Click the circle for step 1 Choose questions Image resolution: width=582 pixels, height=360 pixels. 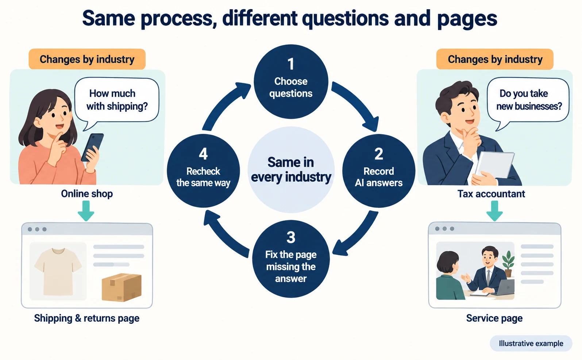(x=291, y=82)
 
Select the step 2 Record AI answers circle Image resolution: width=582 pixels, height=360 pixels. (x=378, y=171)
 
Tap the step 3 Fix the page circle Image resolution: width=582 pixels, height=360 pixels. (x=291, y=258)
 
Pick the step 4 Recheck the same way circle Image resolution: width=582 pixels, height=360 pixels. (x=203, y=171)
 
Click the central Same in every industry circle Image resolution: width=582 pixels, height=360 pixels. (x=291, y=170)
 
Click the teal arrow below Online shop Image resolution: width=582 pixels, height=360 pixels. (x=86, y=211)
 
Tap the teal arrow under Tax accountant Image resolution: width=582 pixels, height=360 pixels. (x=494, y=211)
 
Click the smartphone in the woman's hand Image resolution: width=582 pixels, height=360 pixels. (x=92, y=147)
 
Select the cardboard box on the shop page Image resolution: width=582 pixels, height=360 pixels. (x=122, y=287)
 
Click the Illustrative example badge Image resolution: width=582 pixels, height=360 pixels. (x=531, y=343)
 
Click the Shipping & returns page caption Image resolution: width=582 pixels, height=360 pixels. (x=87, y=318)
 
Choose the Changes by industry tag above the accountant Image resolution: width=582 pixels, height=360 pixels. (x=495, y=59)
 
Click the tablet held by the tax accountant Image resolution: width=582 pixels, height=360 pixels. (x=495, y=165)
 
